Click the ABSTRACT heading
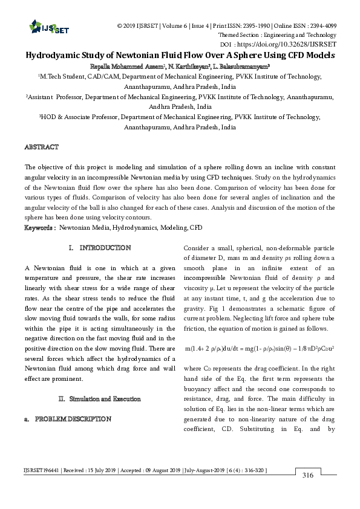[x=41, y=147]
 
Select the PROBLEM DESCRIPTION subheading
[x=73, y=418]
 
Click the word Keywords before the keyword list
[x=39, y=228]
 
